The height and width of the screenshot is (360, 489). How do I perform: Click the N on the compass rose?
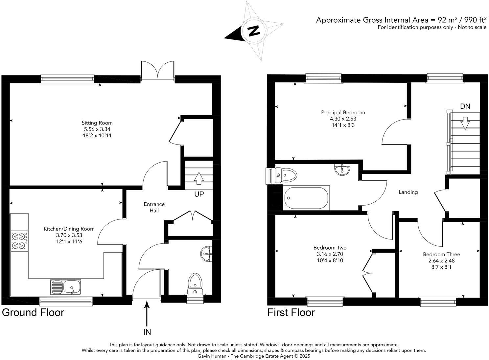coord(253,31)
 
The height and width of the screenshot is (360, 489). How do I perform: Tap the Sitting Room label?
coord(97,123)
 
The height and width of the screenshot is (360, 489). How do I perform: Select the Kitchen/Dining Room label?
coord(69,229)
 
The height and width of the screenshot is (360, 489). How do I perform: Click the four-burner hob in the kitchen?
coord(19,241)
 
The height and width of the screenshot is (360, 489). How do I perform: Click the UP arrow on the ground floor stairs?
coord(198,178)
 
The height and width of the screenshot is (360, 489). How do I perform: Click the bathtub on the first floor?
coord(306,198)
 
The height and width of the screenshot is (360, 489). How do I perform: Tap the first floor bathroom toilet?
coord(284,175)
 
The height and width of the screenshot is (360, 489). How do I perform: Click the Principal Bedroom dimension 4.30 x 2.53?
coord(343,119)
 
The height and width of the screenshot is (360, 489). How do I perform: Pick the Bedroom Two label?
coord(330,248)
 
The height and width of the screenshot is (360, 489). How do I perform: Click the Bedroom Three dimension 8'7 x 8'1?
coord(441,267)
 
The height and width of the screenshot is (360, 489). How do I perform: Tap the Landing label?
coord(408,192)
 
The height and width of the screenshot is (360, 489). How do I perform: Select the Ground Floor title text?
coord(33,312)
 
